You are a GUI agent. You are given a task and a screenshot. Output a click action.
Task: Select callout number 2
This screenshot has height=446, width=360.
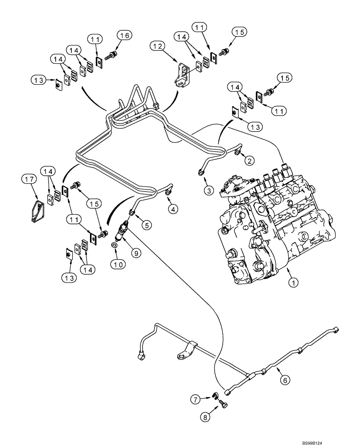(249, 160)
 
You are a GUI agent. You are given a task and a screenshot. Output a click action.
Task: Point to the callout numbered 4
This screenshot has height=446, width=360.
(173, 208)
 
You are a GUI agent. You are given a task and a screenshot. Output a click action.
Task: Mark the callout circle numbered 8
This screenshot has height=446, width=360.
(205, 418)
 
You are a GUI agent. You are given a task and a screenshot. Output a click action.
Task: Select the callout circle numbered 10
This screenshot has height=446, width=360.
(117, 264)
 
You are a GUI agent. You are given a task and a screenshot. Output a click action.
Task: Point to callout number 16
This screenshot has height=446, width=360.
(124, 36)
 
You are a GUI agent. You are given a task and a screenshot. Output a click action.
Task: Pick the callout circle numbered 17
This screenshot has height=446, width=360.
(29, 179)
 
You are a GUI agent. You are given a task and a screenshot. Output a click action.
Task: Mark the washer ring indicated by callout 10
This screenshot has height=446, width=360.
(115, 245)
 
